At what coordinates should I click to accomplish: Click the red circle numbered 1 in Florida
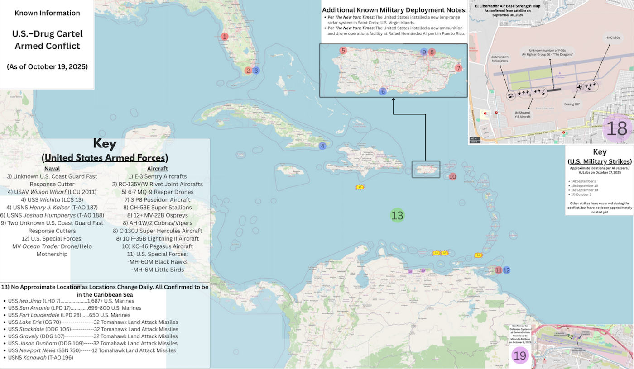coord(225,36)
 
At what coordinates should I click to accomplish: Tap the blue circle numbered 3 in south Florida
coord(256,70)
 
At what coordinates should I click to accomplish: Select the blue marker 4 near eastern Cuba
coord(322,146)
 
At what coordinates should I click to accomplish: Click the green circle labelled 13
coord(397,216)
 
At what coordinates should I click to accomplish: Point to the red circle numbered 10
coord(452,176)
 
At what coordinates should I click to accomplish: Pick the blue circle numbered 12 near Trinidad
coord(507,270)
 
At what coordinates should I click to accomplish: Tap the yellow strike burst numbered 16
coord(360,187)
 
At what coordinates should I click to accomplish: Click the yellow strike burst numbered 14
coord(479,255)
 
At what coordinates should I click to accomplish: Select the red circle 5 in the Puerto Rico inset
coord(343,51)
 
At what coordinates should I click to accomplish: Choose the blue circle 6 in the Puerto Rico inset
coord(383,91)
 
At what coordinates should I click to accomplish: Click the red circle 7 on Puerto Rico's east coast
coord(458,68)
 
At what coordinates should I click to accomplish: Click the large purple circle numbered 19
coord(520,355)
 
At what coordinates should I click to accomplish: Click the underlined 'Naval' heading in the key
coord(52,168)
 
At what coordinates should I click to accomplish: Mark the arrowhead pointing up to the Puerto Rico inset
coord(393,100)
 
